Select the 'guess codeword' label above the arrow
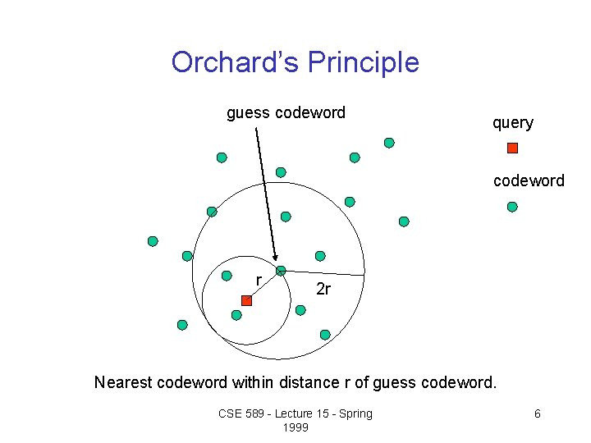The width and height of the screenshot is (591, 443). [x=286, y=112]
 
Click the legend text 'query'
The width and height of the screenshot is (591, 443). [x=512, y=122]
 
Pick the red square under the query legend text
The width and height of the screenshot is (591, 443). [x=512, y=148]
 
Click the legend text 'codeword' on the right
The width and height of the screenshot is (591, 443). [x=529, y=180]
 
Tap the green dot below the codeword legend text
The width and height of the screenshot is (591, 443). [x=512, y=207]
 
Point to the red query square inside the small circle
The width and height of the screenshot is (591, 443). [x=246, y=301]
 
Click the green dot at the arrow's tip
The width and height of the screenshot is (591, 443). [x=281, y=271]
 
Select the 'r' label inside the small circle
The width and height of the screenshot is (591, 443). [x=259, y=281]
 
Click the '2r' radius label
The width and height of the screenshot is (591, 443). [x=323, y=289]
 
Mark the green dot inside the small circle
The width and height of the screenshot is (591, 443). [x=236, y=315]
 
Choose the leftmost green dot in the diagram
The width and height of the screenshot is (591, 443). [x=153, y=241]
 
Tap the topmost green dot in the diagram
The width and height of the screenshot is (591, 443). [x=389, y=143]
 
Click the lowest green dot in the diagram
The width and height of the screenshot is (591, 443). [x=325, y=335]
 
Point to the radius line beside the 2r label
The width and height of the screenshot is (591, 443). [x=324, y=272]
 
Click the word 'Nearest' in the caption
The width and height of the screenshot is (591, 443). [x=122, y=382]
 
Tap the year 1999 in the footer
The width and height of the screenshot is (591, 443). [x=295, y=427]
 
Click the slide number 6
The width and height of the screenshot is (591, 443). [x=537, y=413]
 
